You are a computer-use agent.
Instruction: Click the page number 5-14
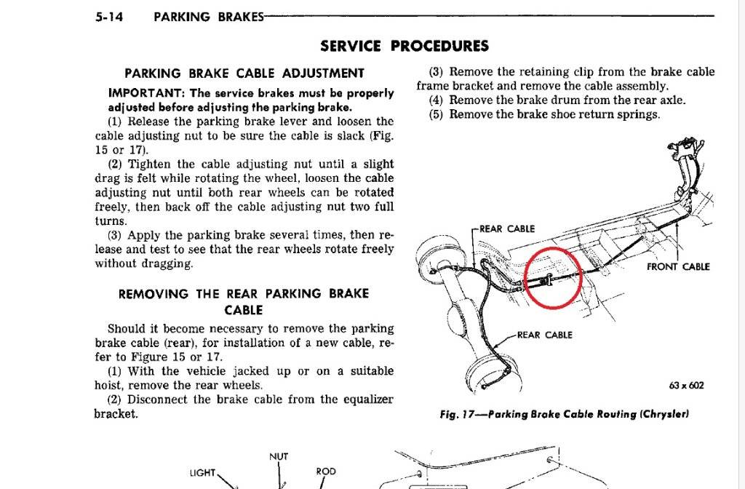pos(109,17)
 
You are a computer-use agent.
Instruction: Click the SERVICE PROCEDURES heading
pos(405,47)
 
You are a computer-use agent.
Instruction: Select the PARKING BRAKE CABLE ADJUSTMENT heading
pos(244,73)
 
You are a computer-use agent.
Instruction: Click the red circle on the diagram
pos(554,276)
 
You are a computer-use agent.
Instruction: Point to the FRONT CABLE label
pos(678,267)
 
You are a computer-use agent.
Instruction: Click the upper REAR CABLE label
pos(507,229)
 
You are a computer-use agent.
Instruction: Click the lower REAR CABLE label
pos(544,335)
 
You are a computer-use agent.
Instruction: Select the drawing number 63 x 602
pos(686,386)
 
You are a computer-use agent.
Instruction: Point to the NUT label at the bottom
pos(279,457)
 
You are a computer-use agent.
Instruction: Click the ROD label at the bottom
pos(326,472)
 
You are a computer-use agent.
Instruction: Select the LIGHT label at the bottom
pos(202,473)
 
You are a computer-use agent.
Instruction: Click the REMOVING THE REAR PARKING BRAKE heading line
pos(244,294)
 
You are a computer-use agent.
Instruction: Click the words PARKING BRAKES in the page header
pos(209,17)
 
